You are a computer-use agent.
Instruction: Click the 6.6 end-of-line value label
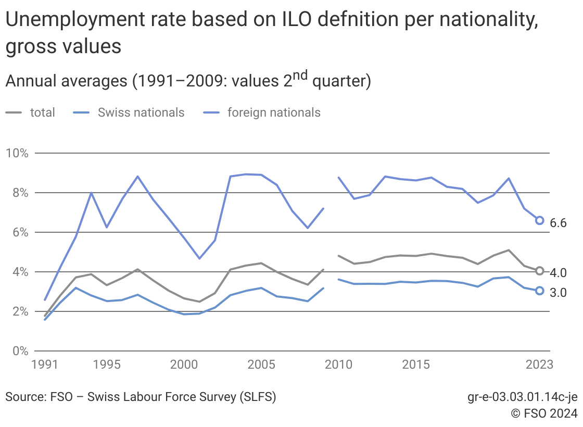558,223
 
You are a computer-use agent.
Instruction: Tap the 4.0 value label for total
558,272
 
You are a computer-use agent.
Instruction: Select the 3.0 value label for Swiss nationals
558,293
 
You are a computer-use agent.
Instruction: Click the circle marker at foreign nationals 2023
540,220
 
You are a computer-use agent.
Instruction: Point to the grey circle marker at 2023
540,271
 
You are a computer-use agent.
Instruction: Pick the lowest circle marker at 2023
540,291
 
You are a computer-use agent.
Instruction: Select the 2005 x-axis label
261,364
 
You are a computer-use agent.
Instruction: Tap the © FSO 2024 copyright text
544,414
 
